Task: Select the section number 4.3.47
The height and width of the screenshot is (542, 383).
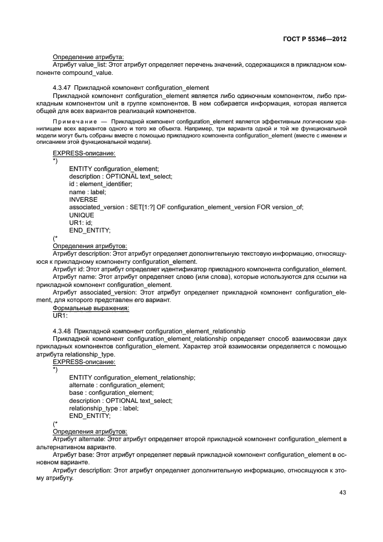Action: tap(63, 88)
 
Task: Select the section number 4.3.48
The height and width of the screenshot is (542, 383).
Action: tap(63, 331)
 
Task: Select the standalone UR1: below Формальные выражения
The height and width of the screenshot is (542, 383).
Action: tap(60, 316)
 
